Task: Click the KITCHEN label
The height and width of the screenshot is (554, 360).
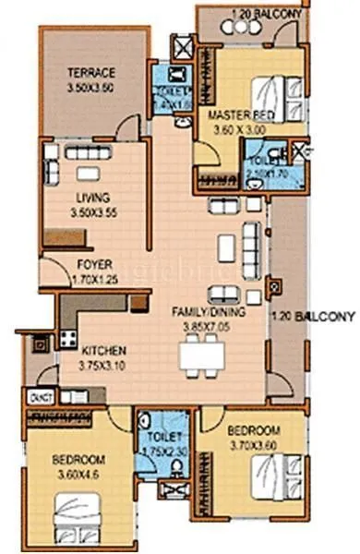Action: pyautogui.click(x=102, y=351)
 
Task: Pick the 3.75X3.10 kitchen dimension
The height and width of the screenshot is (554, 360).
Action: pyautogui.click(x=102, y=364)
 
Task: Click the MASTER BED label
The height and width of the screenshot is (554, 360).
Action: pyautogui.click(x=236, y=115)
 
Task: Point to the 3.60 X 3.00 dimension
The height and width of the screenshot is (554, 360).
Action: pyautogui.click(x=236, y=129)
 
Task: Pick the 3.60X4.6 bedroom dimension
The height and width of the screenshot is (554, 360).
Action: pyautogui.click(x=78, y=474)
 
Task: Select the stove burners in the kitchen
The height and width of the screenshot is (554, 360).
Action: pyautogui.click(x=67, y=336)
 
